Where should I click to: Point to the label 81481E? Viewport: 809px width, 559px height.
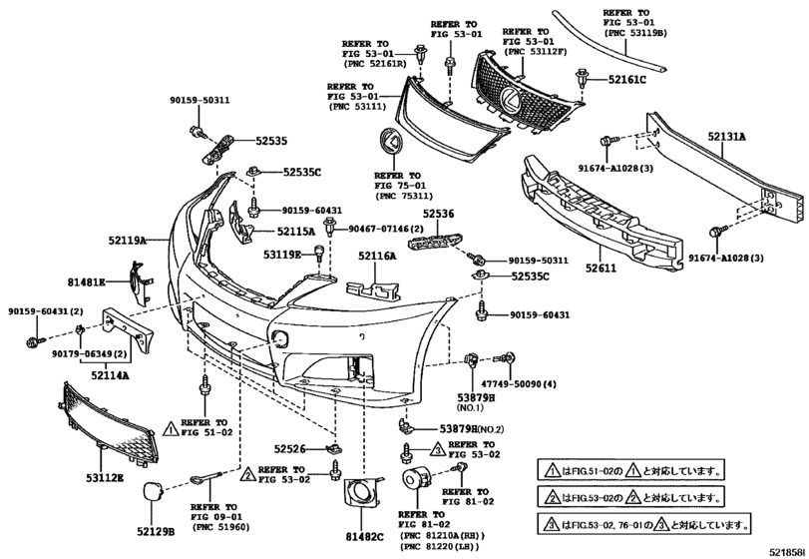pos(86,282)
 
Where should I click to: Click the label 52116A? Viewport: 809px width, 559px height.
pos(376,257)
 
